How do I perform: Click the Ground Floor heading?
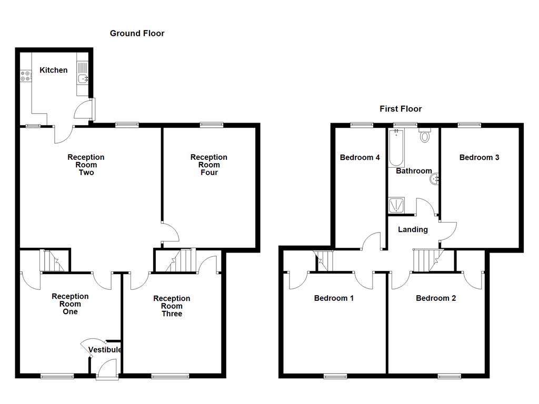pyautogui.click(x=137, y=33)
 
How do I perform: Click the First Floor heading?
pyautogui.click(x=401, y=109)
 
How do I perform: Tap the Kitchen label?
pyautogui.click(x=54, y=70)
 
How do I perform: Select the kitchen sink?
pyautogui.click(x=83, y=79)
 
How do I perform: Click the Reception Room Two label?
pyautogui.click(x=86, y=165)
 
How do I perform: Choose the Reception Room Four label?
pyautogui.click(x=208, y=165)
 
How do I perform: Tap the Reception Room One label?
pyautogui.click(x=70, y=304)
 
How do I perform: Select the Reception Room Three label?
pyautogui.click(x=172, y=306)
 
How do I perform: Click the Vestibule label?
pyautogui.click(x=105, y=350)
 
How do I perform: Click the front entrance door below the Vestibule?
pyautogui.click(x=107, y=368)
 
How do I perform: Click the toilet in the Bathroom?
pyautogui.click(x=425, y=137)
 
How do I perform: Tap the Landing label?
pyautogui.click(x=413, y=229)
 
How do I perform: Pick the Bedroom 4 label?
pyautogui.click(x=360, y=157)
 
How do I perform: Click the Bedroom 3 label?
pyautogui.click(x=479, y=157)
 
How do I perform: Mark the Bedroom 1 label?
pyautogui.click(x=334, y=298)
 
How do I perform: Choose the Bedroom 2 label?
pyautogui.click(x=436, y=298)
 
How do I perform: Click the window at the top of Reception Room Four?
pyautogui.click(x=211, y=125)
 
